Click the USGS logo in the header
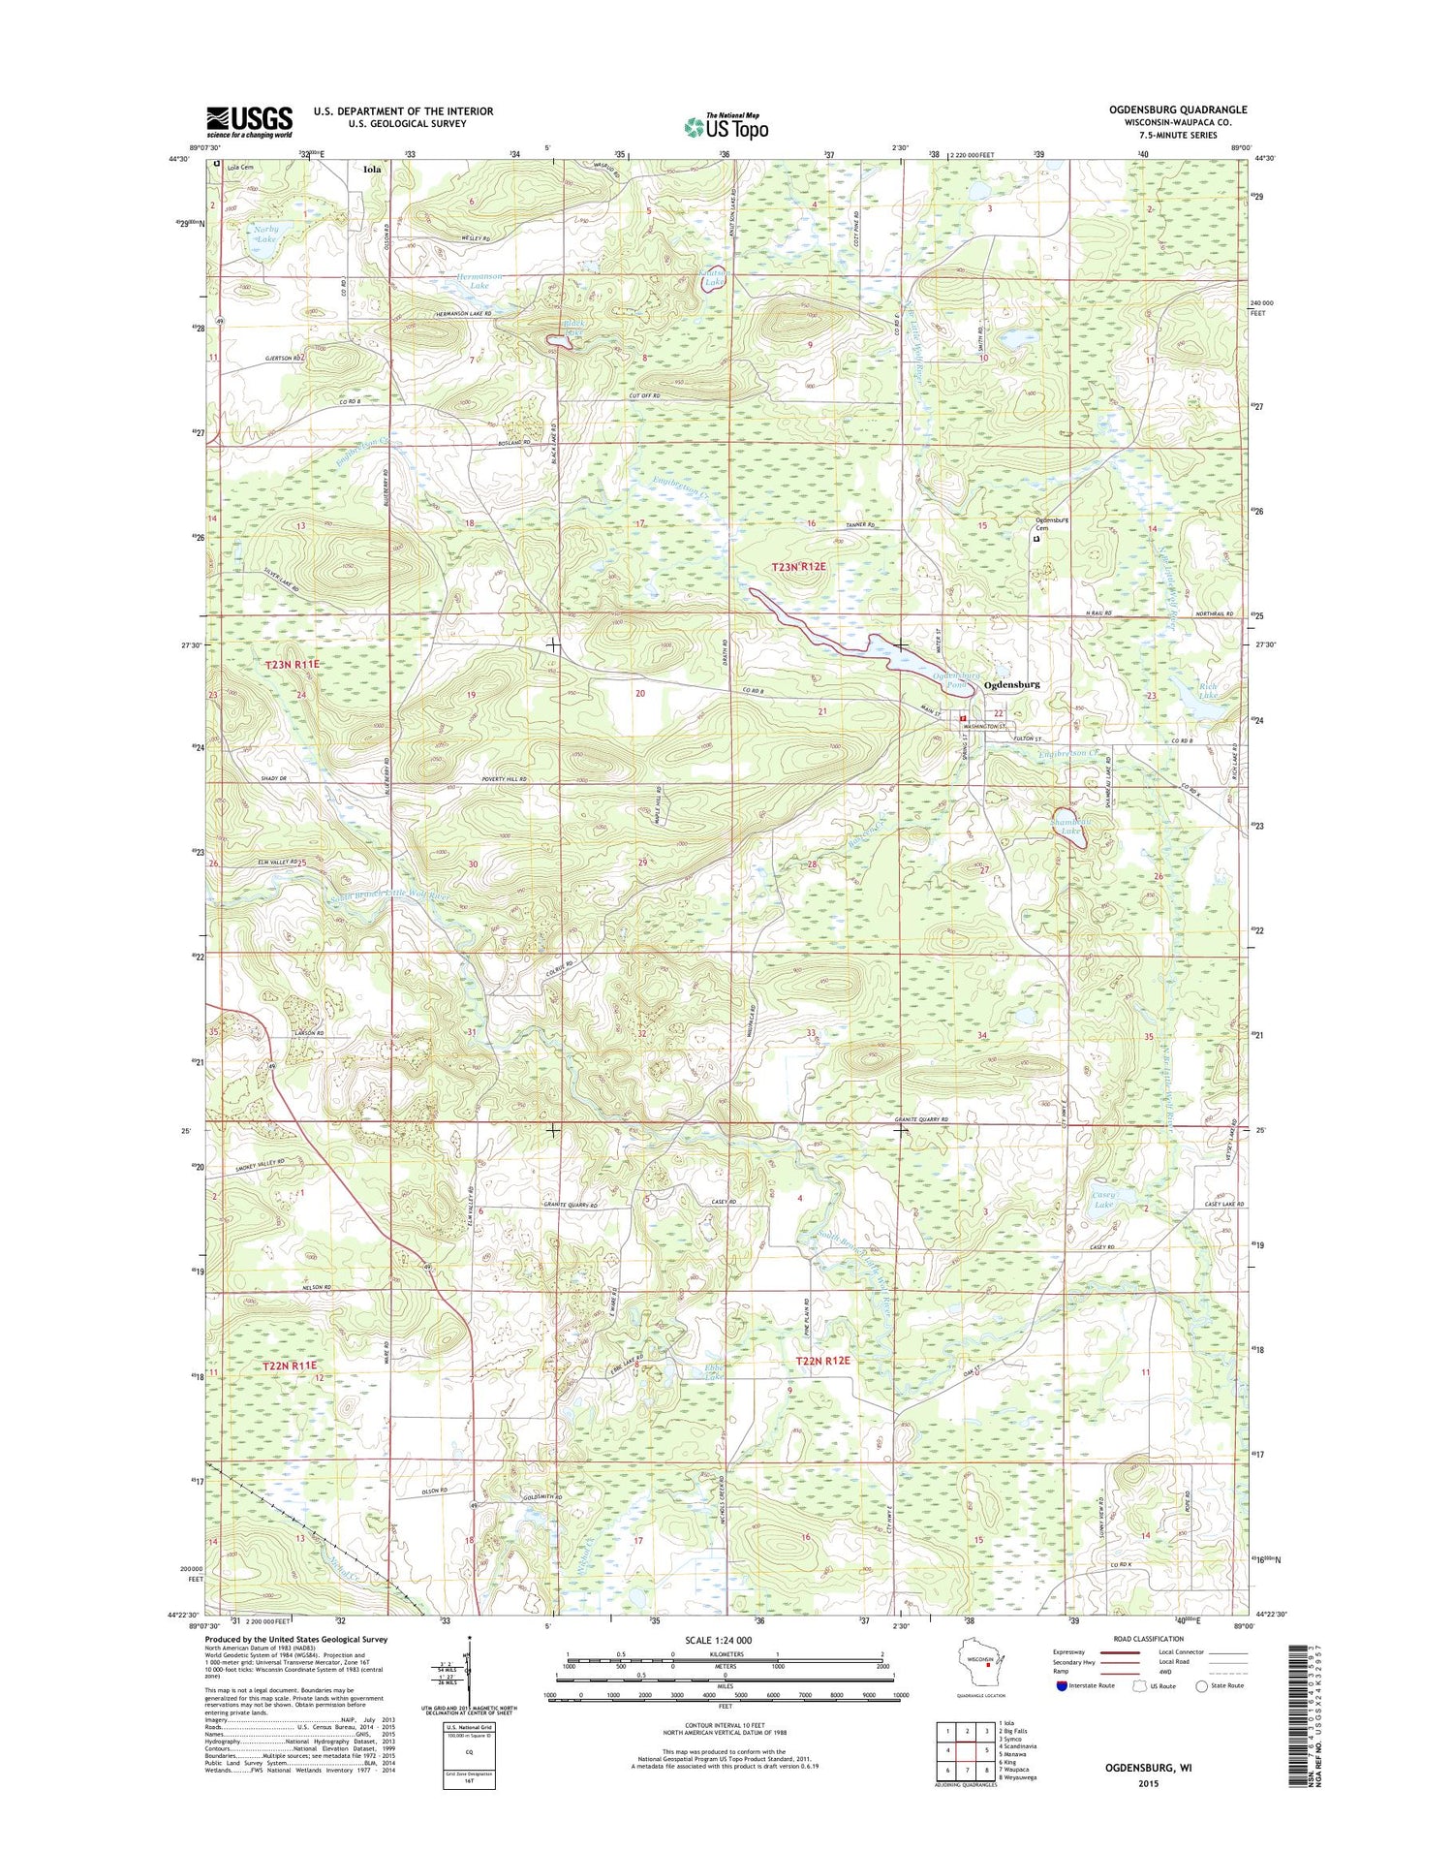pyautogui.click(x=249, y=121)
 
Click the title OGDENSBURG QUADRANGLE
pyautogui.click(x=1178, y=110)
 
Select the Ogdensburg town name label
pyautogui.click(x=1011, y=684)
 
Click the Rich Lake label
pyautogui.click(x=1207, y=691)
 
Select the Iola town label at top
pyautogui.click(x=372, y=169)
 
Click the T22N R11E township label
pyautogui.click(x=291, y=1366)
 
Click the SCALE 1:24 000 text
pyautogui.click(x=725, y=1640)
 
